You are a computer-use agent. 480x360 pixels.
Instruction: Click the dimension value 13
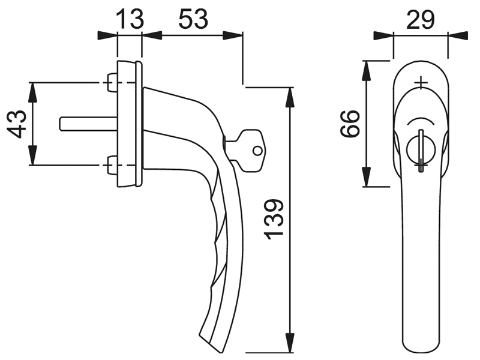pos(130,19)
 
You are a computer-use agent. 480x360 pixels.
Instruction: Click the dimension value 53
pos(193,19)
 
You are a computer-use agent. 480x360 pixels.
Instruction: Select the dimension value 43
pos(17,124)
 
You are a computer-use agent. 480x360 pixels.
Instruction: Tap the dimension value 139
pos(274,219)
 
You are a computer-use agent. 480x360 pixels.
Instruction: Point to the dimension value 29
pos(421,20)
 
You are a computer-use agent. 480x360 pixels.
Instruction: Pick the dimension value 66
pos(350,124)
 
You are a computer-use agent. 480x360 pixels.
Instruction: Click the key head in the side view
pos(250,150)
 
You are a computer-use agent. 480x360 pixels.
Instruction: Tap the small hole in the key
pos(257,151)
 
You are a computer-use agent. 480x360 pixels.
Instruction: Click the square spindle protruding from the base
pos(88,124)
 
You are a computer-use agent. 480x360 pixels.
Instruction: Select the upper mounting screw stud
pos(112,82)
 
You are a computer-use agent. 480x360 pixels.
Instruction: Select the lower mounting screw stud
pos(112,166)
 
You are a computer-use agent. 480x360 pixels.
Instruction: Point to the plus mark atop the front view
pos(422,83)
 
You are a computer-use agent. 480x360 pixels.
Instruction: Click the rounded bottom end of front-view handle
pos(421,349)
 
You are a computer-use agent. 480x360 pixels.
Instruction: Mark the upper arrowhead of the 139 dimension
pos(290,97)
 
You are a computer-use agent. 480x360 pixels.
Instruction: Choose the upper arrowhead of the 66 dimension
pos(367,70)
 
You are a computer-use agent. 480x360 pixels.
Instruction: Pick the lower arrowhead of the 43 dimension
pos(32,155)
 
